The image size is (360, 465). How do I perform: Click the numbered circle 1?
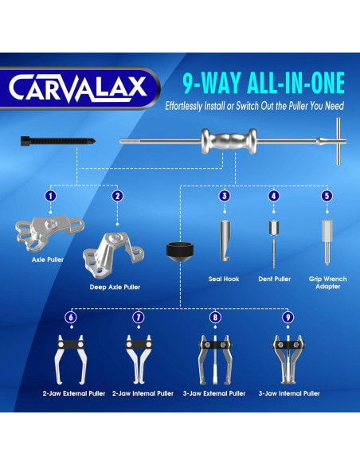pyautogui.click(x=50, y=195)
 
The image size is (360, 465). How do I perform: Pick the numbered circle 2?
pyautogui.click(x=117, y=195)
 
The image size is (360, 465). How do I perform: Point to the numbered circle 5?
pyautogui.click(x=327, y=195)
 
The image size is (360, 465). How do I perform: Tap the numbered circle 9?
pyautogui.click(x=288, y=316)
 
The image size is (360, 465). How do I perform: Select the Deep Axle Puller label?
pyautogui.click(x=114, y=286)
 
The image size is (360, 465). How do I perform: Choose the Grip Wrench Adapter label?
pyautogui.click(x=327, y=283)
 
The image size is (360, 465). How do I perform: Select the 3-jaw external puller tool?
pyautogui.click(x=214, y=359)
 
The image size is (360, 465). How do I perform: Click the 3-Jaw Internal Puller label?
pyautogui.click(x=289, y=393)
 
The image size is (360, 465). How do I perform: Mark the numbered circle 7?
pyautogui.click(x=139, y=316)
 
